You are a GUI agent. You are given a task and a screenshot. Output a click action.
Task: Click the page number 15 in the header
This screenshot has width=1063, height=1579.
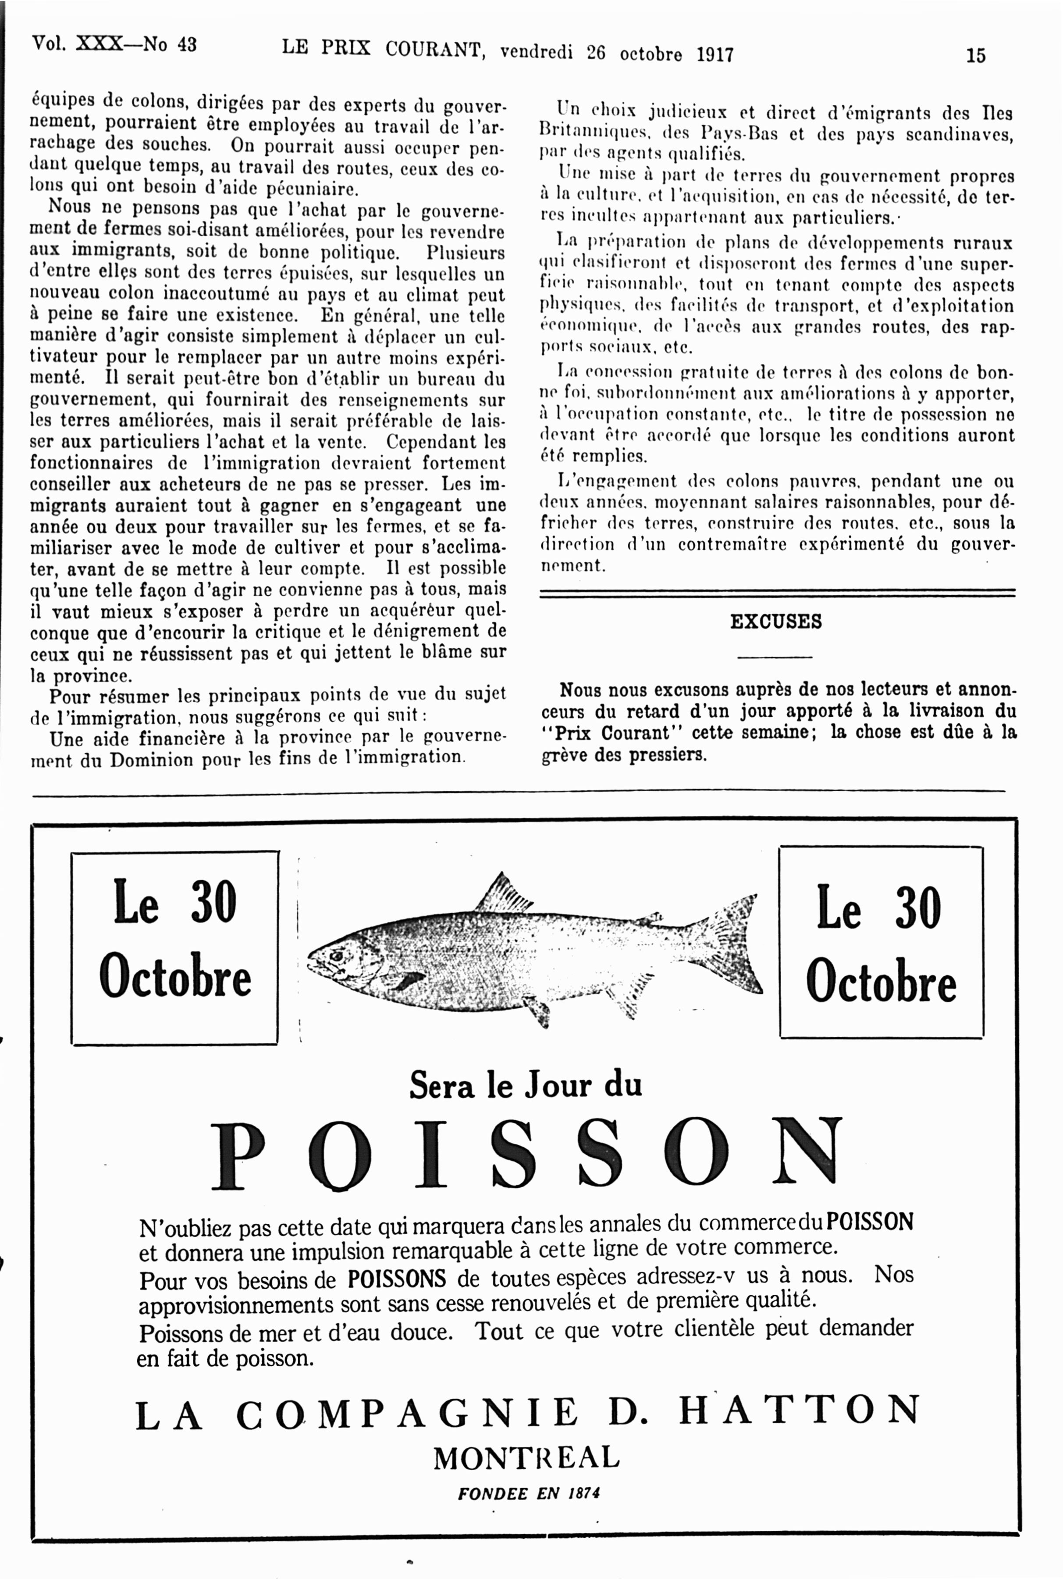click(x=975, y=55)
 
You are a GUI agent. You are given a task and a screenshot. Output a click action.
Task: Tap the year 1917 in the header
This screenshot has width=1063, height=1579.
click(x=715, y=54)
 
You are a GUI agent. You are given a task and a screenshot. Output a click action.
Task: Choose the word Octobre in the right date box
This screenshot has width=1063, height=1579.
click(x=881, y=981)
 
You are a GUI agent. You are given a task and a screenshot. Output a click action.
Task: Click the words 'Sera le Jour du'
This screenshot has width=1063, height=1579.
click(x=526, y=1085)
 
